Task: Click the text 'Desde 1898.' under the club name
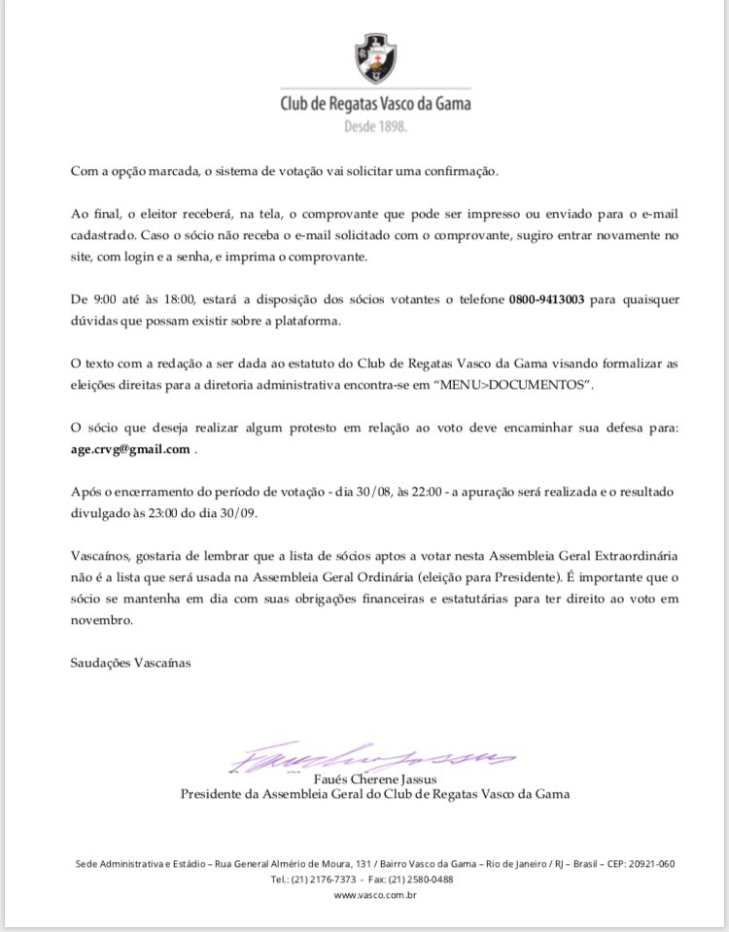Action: tap(375, 126)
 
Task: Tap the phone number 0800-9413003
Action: tap(546, 300)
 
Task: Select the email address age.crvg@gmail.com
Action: tap(130, 449)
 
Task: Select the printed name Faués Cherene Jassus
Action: tap(375, 778)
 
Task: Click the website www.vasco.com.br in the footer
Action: tap(375, 895)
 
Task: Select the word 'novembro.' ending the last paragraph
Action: tap(100, 619)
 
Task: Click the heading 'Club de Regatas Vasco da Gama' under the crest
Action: tap(375, 103)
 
